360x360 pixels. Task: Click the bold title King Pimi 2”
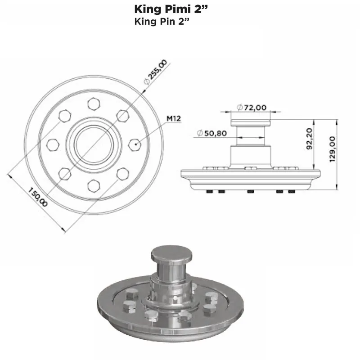coord(171,9)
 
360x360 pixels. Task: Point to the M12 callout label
coord(174,119)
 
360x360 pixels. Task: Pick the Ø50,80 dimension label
coord(211,133)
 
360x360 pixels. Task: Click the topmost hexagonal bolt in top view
coord(94,104)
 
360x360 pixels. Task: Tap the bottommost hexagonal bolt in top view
coord(94,185)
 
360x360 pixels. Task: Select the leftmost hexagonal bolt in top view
coord(53,144)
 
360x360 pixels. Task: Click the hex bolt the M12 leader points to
coord(135,144)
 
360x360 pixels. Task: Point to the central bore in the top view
coord(94,144)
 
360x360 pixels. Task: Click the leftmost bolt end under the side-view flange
coord(210,192)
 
